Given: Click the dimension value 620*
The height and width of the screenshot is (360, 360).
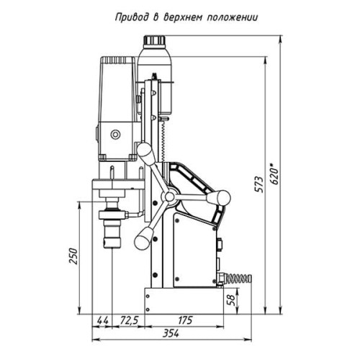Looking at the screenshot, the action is coord(275,174).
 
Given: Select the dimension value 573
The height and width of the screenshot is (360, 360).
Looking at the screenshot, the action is coord(259,184).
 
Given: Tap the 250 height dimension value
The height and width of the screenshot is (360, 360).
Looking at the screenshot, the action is coord(73,256).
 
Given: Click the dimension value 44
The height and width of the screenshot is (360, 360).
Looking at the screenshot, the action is coord(102,320).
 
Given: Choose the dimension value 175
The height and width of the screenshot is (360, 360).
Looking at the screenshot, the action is coord(185,320).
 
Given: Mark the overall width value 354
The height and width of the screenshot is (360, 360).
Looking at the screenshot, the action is coord(171,333).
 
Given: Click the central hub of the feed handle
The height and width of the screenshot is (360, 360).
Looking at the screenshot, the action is coord(169,197).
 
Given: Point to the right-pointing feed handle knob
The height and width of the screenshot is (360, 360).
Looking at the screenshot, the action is coord(219,197).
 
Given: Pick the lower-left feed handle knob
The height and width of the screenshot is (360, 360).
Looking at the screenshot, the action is coord(143,238).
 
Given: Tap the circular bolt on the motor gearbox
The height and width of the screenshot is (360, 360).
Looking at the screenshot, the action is coord(115,135).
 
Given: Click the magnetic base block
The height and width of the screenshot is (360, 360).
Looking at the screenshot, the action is coord(184,301).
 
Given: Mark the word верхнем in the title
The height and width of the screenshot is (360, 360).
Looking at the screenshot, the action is coord(184,18).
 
